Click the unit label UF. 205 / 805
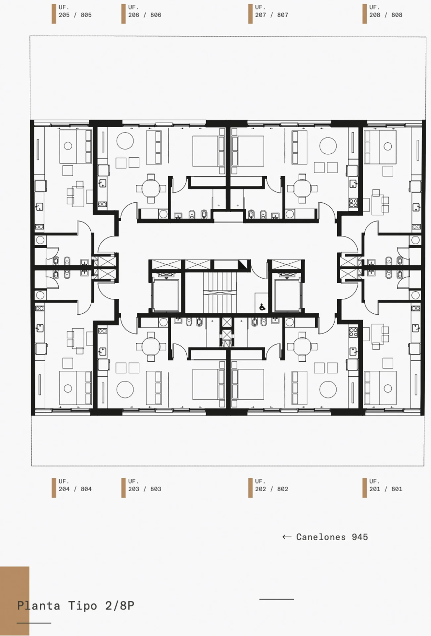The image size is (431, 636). (x=75, y=11)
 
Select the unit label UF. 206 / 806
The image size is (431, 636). (x=145, y=11)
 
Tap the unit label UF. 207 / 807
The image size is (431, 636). (x=271, y=11)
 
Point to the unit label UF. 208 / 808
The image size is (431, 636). (x=386, y=11)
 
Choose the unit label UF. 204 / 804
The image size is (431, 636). (x=75, y=485)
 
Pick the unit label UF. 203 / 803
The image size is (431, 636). (x=145, y=485)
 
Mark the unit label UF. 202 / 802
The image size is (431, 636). (x=271, y=485)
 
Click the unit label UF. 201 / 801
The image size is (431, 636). (x=386, y=485)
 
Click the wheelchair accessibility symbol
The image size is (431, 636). (x=262, y=307)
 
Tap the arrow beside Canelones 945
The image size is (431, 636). (x=287, y=537)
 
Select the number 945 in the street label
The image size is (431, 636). (x=360, y=537)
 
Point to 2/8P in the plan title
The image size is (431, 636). (x=120, y=606)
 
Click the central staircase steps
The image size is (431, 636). (x=218, y=291)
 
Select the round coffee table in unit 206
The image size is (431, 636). (x=125, y=141)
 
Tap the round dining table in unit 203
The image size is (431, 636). (x=151, y=346)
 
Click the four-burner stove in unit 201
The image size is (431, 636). (x=353, y=332)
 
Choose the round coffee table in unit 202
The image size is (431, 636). (x=328, y=389)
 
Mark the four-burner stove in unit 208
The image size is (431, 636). (x=353, y=203)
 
